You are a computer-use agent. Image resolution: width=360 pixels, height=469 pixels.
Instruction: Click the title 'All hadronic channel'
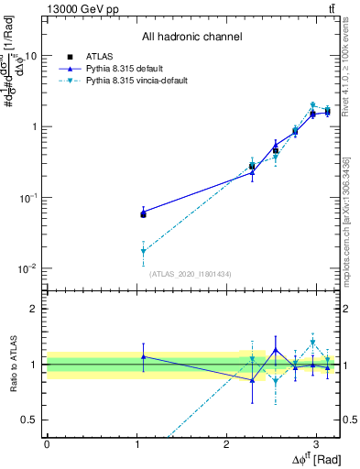[x=191, y=38]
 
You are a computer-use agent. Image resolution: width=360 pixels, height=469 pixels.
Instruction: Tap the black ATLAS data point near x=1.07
[x=143, y=213]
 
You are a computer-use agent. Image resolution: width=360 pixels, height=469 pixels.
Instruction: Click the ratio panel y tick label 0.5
[x=30, y=420]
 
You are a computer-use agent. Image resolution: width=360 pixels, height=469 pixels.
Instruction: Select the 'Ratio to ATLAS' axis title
[x=12, y=364]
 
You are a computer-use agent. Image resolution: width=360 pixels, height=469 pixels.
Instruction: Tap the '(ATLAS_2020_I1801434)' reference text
[x=191, y=274]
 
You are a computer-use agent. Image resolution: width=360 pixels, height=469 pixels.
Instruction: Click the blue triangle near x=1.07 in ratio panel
[x=143, y=356]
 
